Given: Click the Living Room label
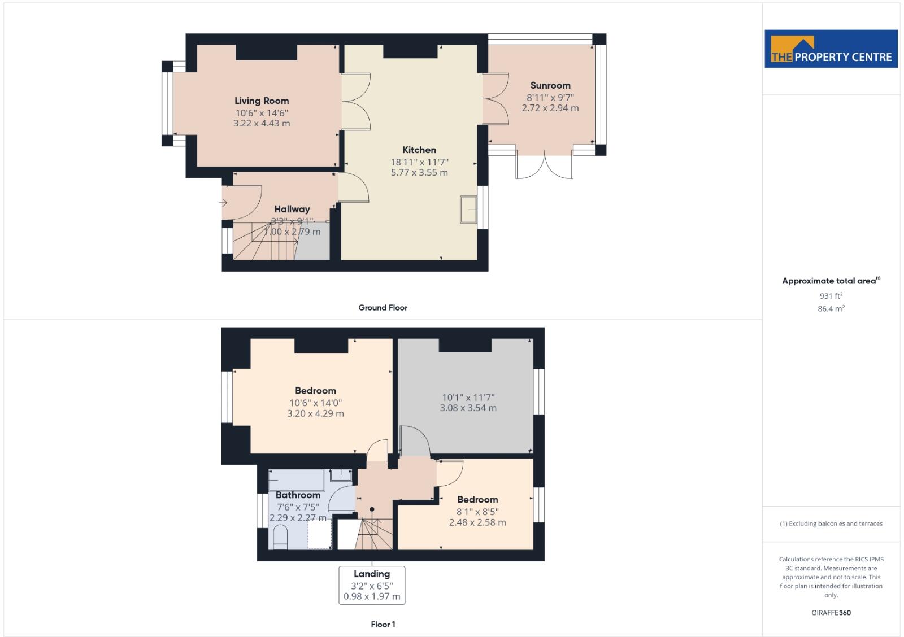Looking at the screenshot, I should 262,101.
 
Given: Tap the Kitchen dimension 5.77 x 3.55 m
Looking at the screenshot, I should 419,173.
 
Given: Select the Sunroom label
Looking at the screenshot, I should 550,85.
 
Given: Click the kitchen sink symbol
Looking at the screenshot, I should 468,210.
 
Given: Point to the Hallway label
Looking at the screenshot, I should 292,209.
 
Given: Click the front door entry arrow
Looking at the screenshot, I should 224,202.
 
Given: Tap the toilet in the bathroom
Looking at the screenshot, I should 280,537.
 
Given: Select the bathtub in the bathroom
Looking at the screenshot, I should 296,481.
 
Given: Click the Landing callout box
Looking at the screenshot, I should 372,585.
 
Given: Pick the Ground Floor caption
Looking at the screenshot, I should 383,308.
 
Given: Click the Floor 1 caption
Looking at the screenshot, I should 383,624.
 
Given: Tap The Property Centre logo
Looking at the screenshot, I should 831,49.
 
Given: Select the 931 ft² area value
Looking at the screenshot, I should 831,296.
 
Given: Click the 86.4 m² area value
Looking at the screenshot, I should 831,309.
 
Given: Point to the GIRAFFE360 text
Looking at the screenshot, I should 831,613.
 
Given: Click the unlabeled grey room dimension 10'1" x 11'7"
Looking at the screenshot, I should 468,398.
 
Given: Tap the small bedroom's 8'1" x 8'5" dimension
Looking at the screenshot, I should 477,512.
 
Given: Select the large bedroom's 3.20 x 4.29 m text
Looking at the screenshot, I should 315,413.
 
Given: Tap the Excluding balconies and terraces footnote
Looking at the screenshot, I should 831,523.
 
